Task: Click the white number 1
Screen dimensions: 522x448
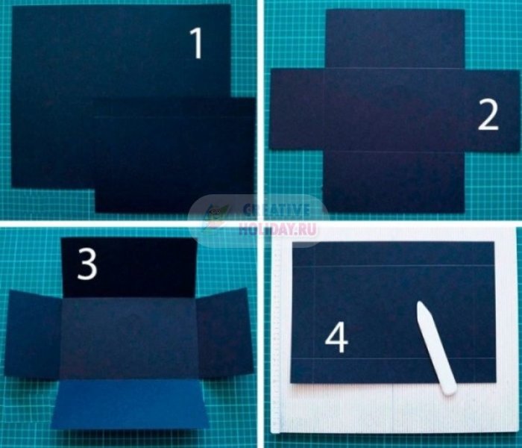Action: (197, 43)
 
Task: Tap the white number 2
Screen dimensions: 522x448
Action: (488, 115)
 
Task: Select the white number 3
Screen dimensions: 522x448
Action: (87, 264)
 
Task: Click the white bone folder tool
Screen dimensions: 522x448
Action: (436, 348)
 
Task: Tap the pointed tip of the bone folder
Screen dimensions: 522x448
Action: (420, 302)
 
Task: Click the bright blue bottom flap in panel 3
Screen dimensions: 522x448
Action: (130, 405)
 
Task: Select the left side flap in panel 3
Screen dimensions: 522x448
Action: (34, 334)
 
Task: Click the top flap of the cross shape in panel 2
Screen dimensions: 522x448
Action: (395, 39)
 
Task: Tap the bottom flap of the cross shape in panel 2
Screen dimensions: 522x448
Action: (394, 182)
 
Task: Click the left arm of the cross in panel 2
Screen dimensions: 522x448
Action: (296, 109)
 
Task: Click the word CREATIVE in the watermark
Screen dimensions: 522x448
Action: (277, 210)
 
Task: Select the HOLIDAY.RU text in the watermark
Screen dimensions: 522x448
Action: (277, 229)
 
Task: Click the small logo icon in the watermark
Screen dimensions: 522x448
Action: (216, 215)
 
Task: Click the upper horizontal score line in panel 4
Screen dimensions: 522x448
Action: (393, 266)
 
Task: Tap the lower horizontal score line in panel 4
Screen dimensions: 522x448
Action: (393, 358)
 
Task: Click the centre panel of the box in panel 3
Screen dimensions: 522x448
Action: (128, 338)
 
